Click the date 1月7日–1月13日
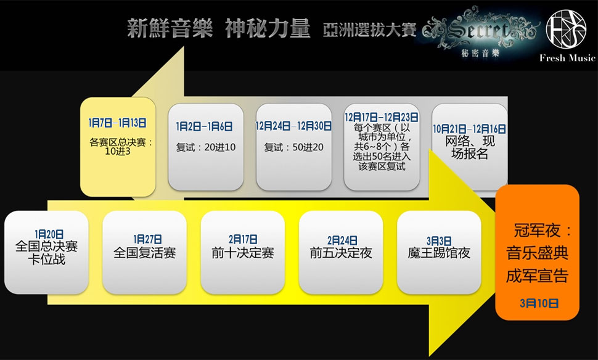(118, 123)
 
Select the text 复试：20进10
(205, 147)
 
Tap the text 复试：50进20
(293, 147)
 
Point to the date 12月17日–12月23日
(382, 117)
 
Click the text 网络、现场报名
(470, 147)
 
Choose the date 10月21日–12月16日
(470, 129)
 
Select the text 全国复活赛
(144, 253)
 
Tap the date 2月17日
(243, 239)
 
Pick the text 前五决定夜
(341, 253)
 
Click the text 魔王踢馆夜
(439, 253)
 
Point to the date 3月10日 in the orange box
(539, 303)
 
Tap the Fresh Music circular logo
(566, 28)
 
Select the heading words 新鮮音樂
(170, 28)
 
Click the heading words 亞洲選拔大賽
(369, 30)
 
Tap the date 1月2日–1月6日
(205, 126)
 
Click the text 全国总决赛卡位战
(46, 253)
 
